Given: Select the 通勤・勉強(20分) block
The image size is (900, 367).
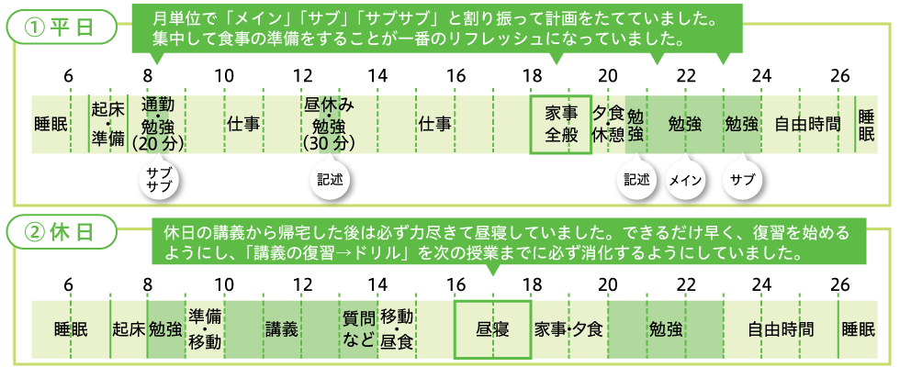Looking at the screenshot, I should pyautogui.click(x=164, y=124).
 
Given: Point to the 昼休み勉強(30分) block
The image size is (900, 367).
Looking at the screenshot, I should pyautogui.click(x=328, y=124).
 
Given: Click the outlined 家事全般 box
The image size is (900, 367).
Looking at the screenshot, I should pyautogui.click(x=560, y=124).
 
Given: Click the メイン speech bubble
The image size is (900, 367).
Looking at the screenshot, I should pyautogui.click(x=684, y=180).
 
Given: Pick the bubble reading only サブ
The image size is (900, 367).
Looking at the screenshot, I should pyautogui.click(x=741, y=180).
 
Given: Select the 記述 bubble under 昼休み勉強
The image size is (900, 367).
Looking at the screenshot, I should pyautogui.click(x=327, y=180).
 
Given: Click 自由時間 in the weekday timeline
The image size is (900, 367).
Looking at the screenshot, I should pyautogui.click(x=807, y=124).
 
